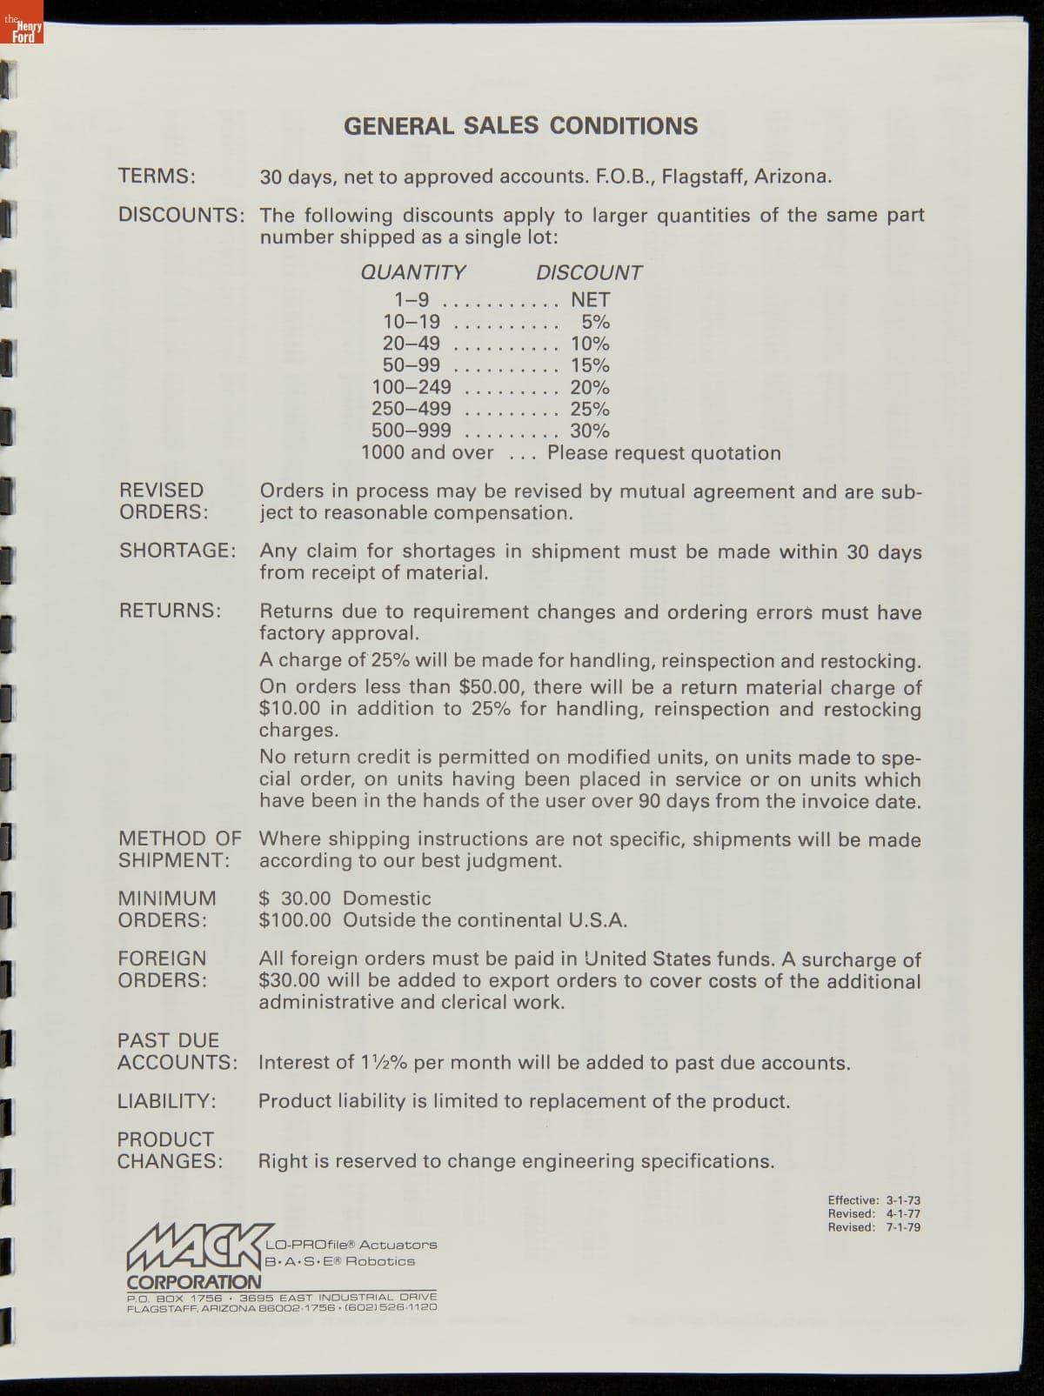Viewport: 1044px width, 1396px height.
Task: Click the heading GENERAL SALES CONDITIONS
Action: [520, 126]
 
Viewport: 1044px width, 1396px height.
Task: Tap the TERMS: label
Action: [157, 176]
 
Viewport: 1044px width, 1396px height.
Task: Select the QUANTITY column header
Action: [413, 272]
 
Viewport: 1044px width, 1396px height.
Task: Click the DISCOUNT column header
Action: [589, 272]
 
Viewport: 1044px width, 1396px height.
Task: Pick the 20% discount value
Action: [590, 387]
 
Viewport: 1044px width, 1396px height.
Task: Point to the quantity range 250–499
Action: [412, 409]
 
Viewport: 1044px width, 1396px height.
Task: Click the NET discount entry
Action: [591, 300]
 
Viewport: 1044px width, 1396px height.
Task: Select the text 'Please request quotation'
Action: [664, 453]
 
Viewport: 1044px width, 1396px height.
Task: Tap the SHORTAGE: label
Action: [177, 551]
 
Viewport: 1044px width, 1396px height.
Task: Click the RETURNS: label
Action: [171, 611]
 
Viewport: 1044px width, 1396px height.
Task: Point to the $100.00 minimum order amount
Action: [295, 920]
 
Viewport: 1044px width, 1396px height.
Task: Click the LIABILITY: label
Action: [167, 1101]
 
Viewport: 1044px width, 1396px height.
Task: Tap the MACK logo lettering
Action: [196, 1246]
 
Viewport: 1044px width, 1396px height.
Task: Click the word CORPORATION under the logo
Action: [194, 1282]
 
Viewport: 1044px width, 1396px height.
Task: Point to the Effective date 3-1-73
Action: [903, 1200]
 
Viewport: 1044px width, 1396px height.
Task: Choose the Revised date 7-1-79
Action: [903, 1227]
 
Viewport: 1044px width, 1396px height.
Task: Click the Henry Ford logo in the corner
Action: [22, 31]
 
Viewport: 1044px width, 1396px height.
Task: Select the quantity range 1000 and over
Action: [427, 453]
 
